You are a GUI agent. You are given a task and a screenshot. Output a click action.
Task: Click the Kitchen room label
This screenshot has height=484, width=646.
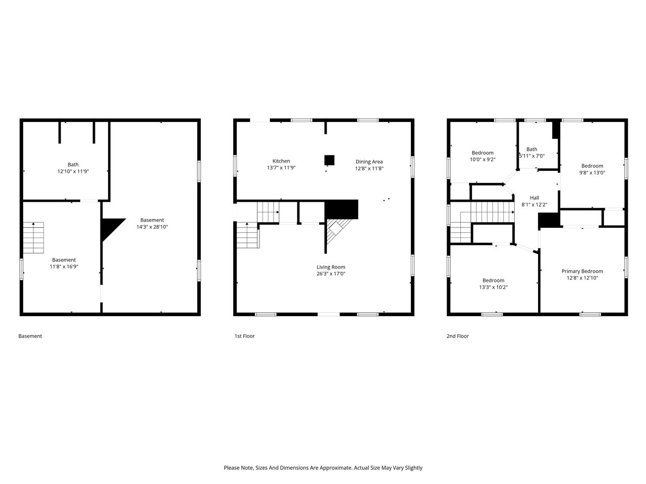(281, 161)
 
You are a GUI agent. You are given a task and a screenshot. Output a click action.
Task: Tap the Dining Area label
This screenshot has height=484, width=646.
(369, 162)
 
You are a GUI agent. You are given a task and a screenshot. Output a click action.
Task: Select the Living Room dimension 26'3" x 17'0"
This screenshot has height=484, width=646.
(331, 274)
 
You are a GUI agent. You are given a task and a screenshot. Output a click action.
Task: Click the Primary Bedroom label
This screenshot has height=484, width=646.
(582, 271)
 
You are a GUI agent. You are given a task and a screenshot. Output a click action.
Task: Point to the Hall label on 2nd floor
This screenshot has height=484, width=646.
(534, 198)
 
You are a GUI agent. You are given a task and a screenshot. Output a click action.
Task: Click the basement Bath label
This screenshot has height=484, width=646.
(73, 164)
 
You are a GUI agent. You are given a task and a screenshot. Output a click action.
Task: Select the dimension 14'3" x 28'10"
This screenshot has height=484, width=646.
(152, 227)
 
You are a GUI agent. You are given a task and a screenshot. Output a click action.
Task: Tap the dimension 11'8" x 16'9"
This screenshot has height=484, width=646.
(64, 267)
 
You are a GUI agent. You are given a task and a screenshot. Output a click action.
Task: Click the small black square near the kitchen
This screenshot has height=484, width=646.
(329, 160)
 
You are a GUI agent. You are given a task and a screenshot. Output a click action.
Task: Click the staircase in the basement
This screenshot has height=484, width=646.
(33, 237)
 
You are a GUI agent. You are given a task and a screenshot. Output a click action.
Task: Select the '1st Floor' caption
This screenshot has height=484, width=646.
(244, 336)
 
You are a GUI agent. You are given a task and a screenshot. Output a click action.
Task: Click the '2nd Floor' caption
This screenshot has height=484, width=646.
(457, 336)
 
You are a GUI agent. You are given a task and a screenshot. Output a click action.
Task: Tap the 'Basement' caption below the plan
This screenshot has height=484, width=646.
(30, 336)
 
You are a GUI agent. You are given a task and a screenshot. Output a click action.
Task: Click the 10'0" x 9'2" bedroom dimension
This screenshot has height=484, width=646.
(482, 159)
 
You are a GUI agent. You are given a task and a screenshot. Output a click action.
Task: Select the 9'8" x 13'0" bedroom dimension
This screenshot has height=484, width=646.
(592, 172)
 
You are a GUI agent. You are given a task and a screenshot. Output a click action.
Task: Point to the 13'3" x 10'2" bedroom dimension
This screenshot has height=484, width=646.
(493, 287)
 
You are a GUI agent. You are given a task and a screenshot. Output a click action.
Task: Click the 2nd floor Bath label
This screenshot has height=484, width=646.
(531, 149)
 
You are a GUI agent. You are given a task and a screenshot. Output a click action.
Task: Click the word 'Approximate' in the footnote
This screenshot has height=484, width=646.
(334, 468)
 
